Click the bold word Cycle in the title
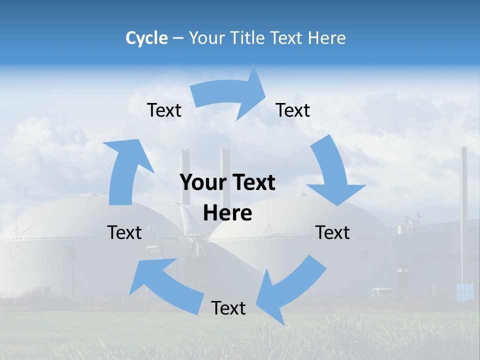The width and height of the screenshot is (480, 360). point(146,38)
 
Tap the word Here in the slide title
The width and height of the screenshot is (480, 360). point(327,38)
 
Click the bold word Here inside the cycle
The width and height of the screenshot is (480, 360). point(227,213)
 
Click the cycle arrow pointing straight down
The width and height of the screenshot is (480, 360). point(332,172)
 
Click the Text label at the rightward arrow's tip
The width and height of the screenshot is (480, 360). point(293,110)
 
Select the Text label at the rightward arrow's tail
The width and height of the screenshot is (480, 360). point(164,110)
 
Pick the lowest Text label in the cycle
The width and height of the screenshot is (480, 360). point(228,308)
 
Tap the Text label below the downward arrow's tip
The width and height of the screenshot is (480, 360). point(332,232)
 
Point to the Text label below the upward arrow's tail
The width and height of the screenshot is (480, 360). point(124,232)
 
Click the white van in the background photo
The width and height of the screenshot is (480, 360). point(382,292)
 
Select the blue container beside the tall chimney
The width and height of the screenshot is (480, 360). point(465,291)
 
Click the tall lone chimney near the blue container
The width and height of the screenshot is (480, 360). point(464,210)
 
